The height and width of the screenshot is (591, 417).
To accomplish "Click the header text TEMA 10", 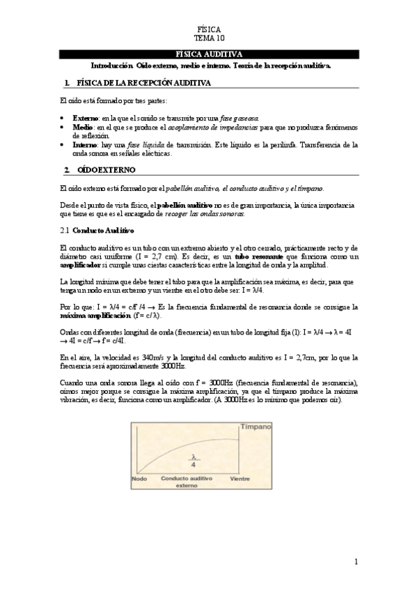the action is (209, 39).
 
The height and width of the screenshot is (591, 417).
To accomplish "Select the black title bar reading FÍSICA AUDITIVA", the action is (209, 54).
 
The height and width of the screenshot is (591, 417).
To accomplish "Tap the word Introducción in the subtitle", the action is (112, 66).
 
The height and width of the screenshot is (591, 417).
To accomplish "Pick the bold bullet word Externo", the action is (86, 119).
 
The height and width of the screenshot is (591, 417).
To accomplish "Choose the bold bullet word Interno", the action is (85, 145).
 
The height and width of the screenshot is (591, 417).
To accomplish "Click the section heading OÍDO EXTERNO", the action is (105, 170).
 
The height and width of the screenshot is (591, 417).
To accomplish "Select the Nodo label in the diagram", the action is (139, 479).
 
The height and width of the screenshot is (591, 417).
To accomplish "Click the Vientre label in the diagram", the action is (240, 479).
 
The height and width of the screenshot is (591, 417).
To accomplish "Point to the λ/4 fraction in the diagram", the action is (196, 461).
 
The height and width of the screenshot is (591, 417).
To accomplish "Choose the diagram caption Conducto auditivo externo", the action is (186, 483).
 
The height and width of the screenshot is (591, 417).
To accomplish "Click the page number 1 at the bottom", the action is (356, 561).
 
